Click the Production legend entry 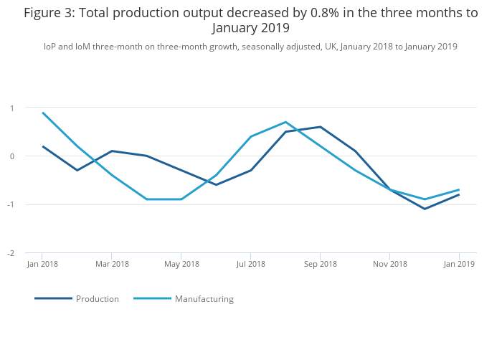(x=97, y=299)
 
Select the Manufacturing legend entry (x=204, y=299)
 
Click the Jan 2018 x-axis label (x=42, y=265)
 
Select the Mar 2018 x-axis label (x=112, y=265)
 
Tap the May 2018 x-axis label (x=181, y=265)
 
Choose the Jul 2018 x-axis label (x=250, y=265)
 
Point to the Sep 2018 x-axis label (x=320, y=265)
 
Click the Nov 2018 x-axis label (x=389, y=265)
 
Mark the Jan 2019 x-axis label (x=459, y=265)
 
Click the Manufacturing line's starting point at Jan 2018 (x=42, y=113)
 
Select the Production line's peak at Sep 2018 (x=320, y=127)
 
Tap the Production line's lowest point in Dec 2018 (x=425, y=209)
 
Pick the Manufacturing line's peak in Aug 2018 (x=285, y=122)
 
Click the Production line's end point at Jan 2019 (x=459, y=194)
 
